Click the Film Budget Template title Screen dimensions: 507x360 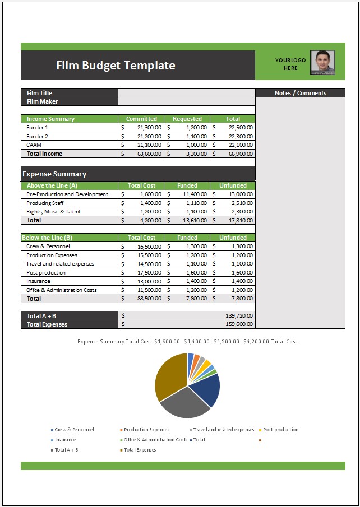[x=116, y=66]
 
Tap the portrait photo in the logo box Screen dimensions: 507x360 [x=322, y=62]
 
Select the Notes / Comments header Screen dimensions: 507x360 [x=300, y=93]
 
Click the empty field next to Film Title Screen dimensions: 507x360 [x=186, y=93]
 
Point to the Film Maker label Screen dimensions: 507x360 [x=43, y=101]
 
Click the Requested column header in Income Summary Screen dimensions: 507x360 [x=187, y=119]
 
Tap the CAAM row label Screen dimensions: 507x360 [x=34, y=145]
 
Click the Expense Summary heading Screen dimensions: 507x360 [x=54, y=174]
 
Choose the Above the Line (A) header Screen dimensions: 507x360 [x=52, y=185]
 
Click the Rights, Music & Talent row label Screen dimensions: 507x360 [x=54, y=212]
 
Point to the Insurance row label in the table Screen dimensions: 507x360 [x=38, y=281]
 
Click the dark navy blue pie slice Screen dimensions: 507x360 [x=205, y=390]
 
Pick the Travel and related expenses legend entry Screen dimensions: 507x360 [x=224, y=430]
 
